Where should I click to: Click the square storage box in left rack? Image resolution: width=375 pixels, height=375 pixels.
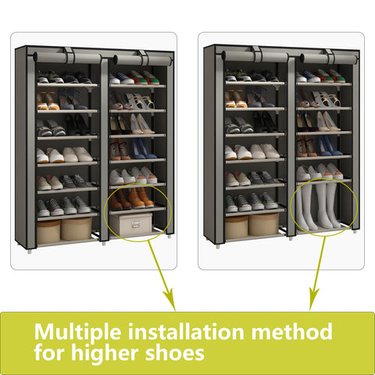[131, 224]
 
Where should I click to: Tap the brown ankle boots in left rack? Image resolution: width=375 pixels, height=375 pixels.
[132, 199]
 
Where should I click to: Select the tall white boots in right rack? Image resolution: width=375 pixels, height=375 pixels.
[319, 205]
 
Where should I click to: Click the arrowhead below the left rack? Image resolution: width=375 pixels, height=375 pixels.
[170, 299]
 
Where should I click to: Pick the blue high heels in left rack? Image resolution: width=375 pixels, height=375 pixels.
[144, 148]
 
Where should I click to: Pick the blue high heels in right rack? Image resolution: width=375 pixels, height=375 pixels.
[330, 146]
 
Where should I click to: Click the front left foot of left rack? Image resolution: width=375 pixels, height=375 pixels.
[30, 251]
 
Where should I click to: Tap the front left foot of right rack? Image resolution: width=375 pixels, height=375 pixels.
[218, 245]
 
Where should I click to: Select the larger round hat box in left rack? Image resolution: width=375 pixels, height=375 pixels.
[77, 229]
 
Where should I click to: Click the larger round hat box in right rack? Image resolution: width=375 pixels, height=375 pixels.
[263, 224]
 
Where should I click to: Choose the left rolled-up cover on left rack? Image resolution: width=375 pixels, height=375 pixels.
[67, 58]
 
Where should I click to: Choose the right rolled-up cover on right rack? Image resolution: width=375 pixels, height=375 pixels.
[328, 59]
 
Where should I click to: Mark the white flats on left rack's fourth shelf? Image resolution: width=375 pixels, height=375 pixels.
[65, 155]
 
